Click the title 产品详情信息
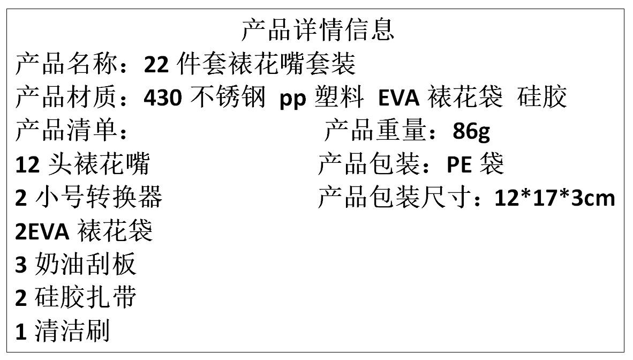318,30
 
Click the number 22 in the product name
156,65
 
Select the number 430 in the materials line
164,98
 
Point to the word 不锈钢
228,98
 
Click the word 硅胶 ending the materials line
542,98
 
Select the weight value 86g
471,131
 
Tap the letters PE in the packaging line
459,165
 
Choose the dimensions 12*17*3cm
555,198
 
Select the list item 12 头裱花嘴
82,165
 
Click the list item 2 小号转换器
88,198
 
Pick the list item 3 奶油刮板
76,265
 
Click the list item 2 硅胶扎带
76,298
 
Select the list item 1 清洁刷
62,331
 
